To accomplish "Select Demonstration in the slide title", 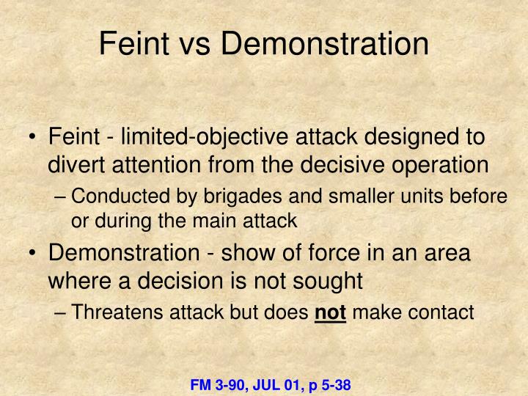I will (324, 44).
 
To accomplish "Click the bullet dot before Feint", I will (34, 137).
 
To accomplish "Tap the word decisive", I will (329, 165).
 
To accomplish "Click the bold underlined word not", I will (330, 312).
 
